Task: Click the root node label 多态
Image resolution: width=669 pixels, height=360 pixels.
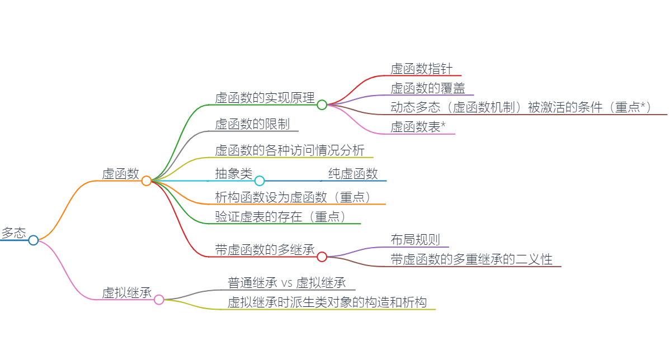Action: pyautogui.click(x=13, y=233)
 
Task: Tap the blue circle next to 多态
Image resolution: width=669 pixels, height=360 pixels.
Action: pyautogui.click(x=33, y=240)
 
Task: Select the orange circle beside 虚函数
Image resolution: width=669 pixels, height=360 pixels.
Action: pyautogui.click(x=147, y=181)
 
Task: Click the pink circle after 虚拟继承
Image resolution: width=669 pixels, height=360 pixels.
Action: pyautogui.click(x=159, y=300)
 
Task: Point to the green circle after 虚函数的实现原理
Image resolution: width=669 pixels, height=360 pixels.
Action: pyautogui.click(x=322, y=105)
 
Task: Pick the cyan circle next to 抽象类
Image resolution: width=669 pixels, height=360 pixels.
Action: pyautogui.click(x=260, y=181)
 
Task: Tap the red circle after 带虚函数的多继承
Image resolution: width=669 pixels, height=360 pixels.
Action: pyautogui.click(x=322, y=257)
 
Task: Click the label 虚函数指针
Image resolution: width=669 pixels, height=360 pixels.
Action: pyautogui.click(x=422, y=69)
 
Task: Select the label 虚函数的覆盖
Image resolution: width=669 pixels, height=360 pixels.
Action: pyautogui.click(x=428, y=88)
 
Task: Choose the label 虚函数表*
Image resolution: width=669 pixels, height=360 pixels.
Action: pyautogui.click(x=418, y=127)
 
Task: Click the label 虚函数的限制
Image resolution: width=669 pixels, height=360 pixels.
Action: pyautogui.click(x=252, y=124)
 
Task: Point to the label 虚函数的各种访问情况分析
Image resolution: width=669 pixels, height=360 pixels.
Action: pyautogui.click(x=290, y=150)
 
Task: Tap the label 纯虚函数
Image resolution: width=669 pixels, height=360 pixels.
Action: pyautogui.click(x=353, y=174)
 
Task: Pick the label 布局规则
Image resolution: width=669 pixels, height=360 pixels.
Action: pyautogui.click(x=415, y=240)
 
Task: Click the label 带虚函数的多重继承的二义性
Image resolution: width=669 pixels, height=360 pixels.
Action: pyautogui.click(x=472, y=259)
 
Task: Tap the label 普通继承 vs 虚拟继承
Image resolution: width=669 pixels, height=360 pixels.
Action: pyautogui.click(x=287, y=283)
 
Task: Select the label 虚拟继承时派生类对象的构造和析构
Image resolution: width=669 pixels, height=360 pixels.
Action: pyautogui.click(x=327, y=302)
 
